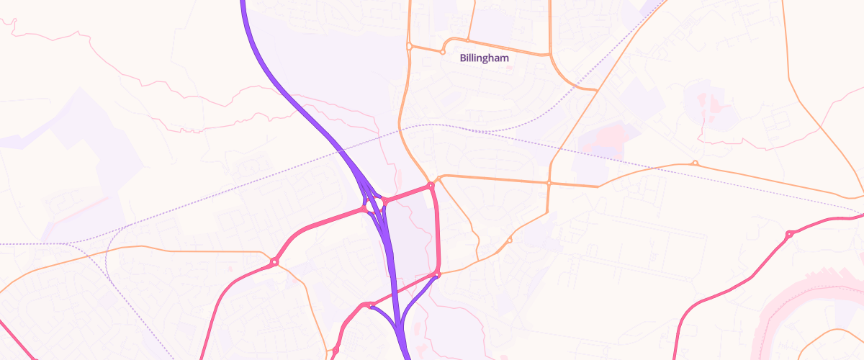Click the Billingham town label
(485, 58)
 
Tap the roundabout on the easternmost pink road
(789, 234)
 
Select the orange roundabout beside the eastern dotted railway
(695, 163)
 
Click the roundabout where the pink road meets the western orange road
(274, 262)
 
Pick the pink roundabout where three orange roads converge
(431, 186)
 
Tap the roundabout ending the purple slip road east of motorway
(436, 274)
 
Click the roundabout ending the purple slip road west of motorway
(370, 306)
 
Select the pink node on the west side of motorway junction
(364, 209)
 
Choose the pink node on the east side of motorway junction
(384, 201)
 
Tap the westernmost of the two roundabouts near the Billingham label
(409, 46)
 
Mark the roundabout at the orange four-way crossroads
(549, 183)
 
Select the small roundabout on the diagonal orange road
(509, 240)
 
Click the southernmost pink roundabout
(336, 351)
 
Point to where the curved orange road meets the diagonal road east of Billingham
(596, 90)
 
